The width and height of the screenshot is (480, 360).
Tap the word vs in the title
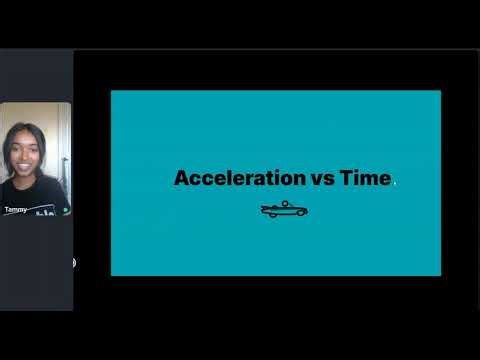click(320, 179)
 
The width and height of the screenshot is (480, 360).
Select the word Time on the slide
click(364, 179)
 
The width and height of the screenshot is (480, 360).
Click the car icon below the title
click(284, 210)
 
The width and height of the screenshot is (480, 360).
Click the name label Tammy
click(16, 210)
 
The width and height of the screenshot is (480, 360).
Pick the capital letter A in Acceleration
click(182, 179)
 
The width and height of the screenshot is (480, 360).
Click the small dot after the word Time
click(395, 183)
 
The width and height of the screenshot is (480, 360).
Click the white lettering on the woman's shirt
click(45, 211)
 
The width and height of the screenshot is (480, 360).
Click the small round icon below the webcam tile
click(73, 263)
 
